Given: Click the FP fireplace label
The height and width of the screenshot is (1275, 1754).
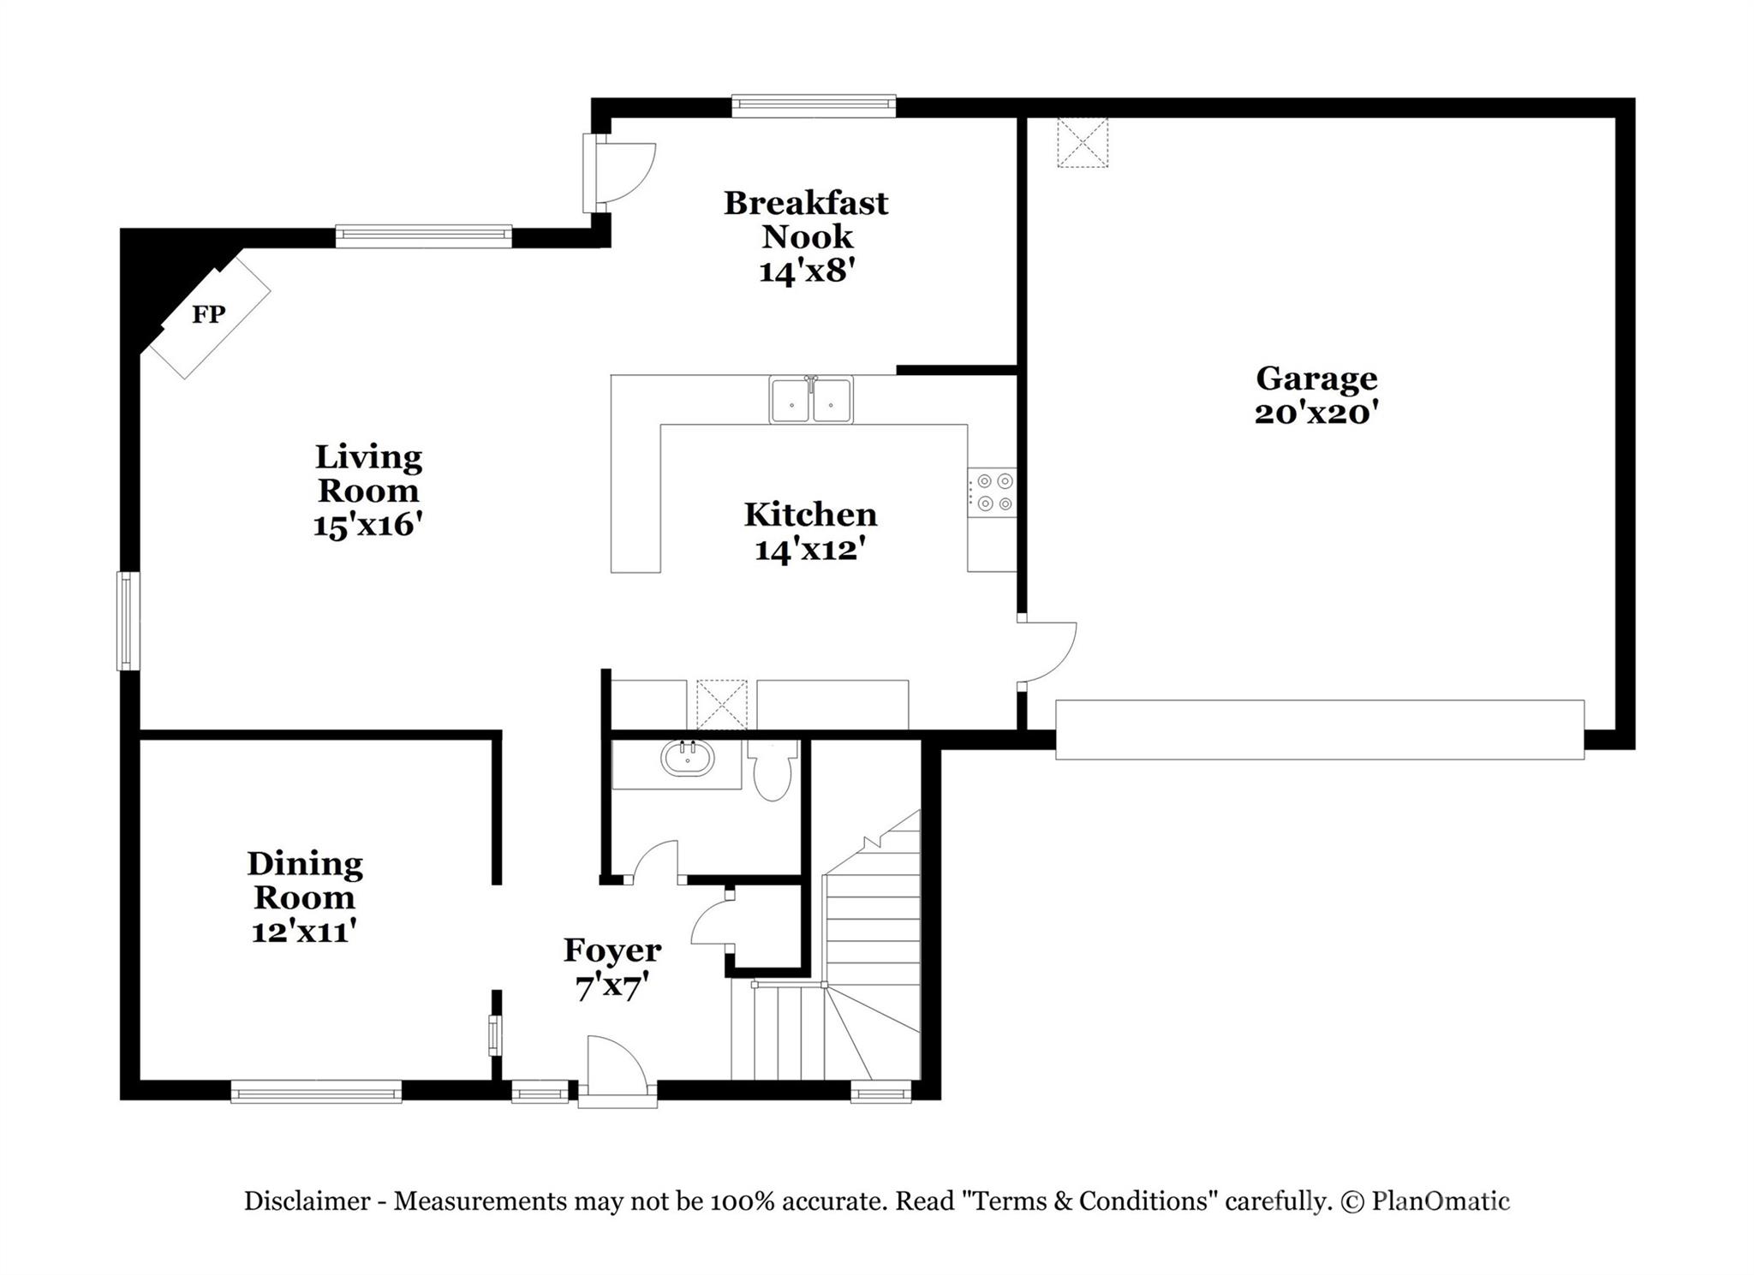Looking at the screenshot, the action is coord(208,315).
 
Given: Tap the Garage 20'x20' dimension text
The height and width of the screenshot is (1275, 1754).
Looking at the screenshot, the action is coord(1316,414).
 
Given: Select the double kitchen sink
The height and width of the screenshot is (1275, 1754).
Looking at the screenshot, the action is coord(810,400).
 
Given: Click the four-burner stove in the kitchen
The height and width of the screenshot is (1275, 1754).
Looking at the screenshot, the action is coord(993,492).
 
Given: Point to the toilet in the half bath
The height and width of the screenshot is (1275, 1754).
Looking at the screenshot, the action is coord(773,770).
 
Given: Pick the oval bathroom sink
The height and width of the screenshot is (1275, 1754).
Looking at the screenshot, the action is coord(688,758).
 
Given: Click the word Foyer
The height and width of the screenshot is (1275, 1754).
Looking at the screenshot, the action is coord(612,950).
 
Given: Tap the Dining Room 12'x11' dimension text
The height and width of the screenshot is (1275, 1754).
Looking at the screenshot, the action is coord(304,931).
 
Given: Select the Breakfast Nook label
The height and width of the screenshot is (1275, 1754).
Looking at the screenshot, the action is coord(807,219).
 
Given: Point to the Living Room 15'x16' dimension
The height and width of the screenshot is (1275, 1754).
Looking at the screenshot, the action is coord(368,524).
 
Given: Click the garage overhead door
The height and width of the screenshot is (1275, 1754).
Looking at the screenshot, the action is coord(1320,730).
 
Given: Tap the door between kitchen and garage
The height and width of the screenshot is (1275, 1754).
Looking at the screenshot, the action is coord(1047,652).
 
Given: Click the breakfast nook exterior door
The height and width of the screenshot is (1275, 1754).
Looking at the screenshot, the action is coord(618,174).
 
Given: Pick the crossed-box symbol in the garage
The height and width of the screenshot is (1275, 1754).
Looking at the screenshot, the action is coord(1082,142).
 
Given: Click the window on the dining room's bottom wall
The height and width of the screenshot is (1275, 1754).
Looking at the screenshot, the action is coord(316,1091).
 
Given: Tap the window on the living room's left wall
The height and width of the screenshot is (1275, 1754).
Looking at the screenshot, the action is coord(128,621).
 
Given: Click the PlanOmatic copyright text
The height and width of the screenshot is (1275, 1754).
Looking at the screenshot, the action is coord(1424,1201).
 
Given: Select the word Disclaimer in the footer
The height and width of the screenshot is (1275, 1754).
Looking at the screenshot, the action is coord(307,1201).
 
